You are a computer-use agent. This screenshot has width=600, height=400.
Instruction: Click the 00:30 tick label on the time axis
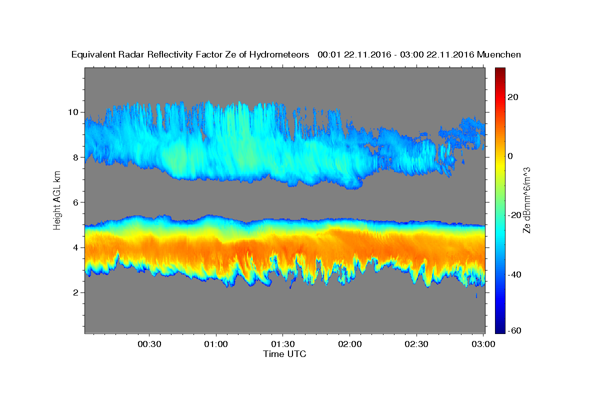[149, 344]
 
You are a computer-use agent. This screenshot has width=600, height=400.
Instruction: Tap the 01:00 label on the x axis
[216, 344]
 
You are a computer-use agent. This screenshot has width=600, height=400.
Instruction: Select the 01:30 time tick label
[283, 344]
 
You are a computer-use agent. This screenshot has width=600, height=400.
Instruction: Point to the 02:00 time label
[350, 344]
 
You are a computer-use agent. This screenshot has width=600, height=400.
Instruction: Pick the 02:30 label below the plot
[416, 344]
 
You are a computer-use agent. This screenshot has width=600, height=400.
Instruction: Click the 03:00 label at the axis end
[483, 344]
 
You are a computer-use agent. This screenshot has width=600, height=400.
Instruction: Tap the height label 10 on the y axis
[73, 112]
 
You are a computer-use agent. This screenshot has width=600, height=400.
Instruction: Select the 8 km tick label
[76, 157]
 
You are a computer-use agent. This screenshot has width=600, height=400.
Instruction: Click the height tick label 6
[76, 202]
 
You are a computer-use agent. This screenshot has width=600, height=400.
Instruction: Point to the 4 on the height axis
[76, 247]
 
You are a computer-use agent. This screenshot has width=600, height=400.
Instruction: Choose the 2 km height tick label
[76, 292]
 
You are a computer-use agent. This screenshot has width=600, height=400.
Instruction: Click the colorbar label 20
[513, 97]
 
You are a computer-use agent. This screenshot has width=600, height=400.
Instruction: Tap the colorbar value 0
[510, 156]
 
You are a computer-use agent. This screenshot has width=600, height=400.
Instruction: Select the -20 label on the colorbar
[514, 215]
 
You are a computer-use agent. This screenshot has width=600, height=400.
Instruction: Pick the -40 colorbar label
[514, 274]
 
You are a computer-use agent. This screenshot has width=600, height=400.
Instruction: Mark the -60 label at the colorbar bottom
[514, 330]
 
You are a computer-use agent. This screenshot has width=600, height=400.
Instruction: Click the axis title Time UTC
[284, 354]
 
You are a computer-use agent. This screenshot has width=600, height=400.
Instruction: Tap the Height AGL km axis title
[57, 200]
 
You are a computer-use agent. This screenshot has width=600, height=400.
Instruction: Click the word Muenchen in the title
[499, 54]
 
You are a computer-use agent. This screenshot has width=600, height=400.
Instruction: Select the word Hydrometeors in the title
[279, 55]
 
